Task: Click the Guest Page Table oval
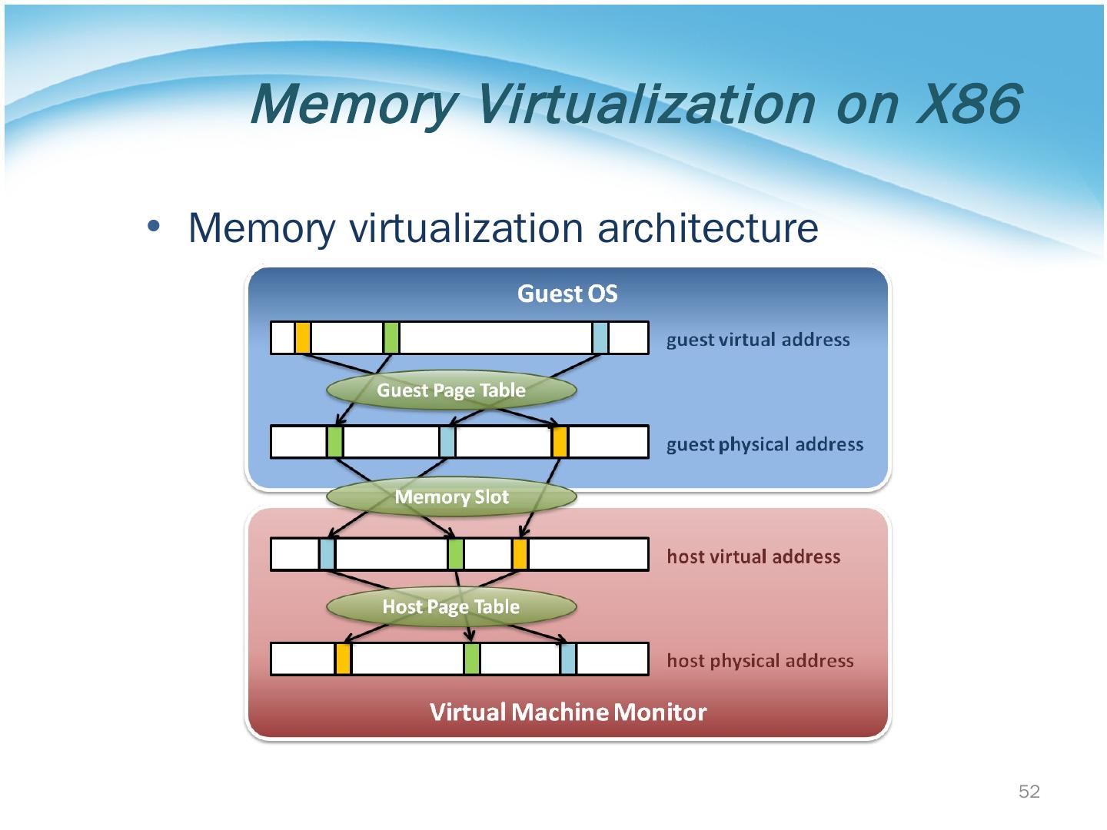[451, 390]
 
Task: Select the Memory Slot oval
[451, 497]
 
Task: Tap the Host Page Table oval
[451, 607]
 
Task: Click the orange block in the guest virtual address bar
[303, 338]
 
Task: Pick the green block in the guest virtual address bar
[391, 338]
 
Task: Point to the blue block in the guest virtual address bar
[600, 338]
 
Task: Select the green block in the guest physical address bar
[334, 442]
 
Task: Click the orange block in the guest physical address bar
[560, 442]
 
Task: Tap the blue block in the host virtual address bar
[327, 554]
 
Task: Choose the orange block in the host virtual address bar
[520, 554]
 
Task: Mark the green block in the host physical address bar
[472, 659]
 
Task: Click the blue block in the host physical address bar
[568, 659]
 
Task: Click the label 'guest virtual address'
[758, 340]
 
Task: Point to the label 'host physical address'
[760, 661]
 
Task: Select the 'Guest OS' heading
[567, 294]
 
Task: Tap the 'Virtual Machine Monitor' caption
[568, 712]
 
